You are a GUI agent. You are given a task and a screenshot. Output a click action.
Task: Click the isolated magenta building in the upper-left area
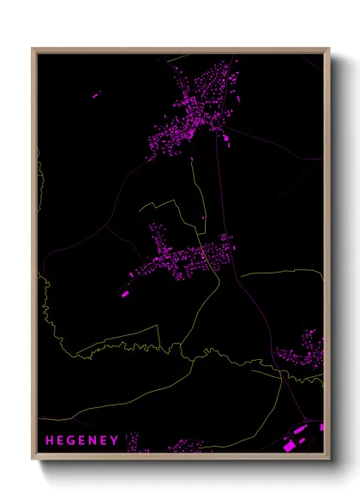click(95, 94)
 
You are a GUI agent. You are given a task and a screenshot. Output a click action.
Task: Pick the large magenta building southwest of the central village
click(125, 293)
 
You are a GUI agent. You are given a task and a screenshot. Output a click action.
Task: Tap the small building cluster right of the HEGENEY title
click(137, 447)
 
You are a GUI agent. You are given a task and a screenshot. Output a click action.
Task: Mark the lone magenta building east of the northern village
click(227, 137)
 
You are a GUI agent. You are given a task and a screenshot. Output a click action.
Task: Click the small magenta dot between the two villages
click(203, 218)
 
